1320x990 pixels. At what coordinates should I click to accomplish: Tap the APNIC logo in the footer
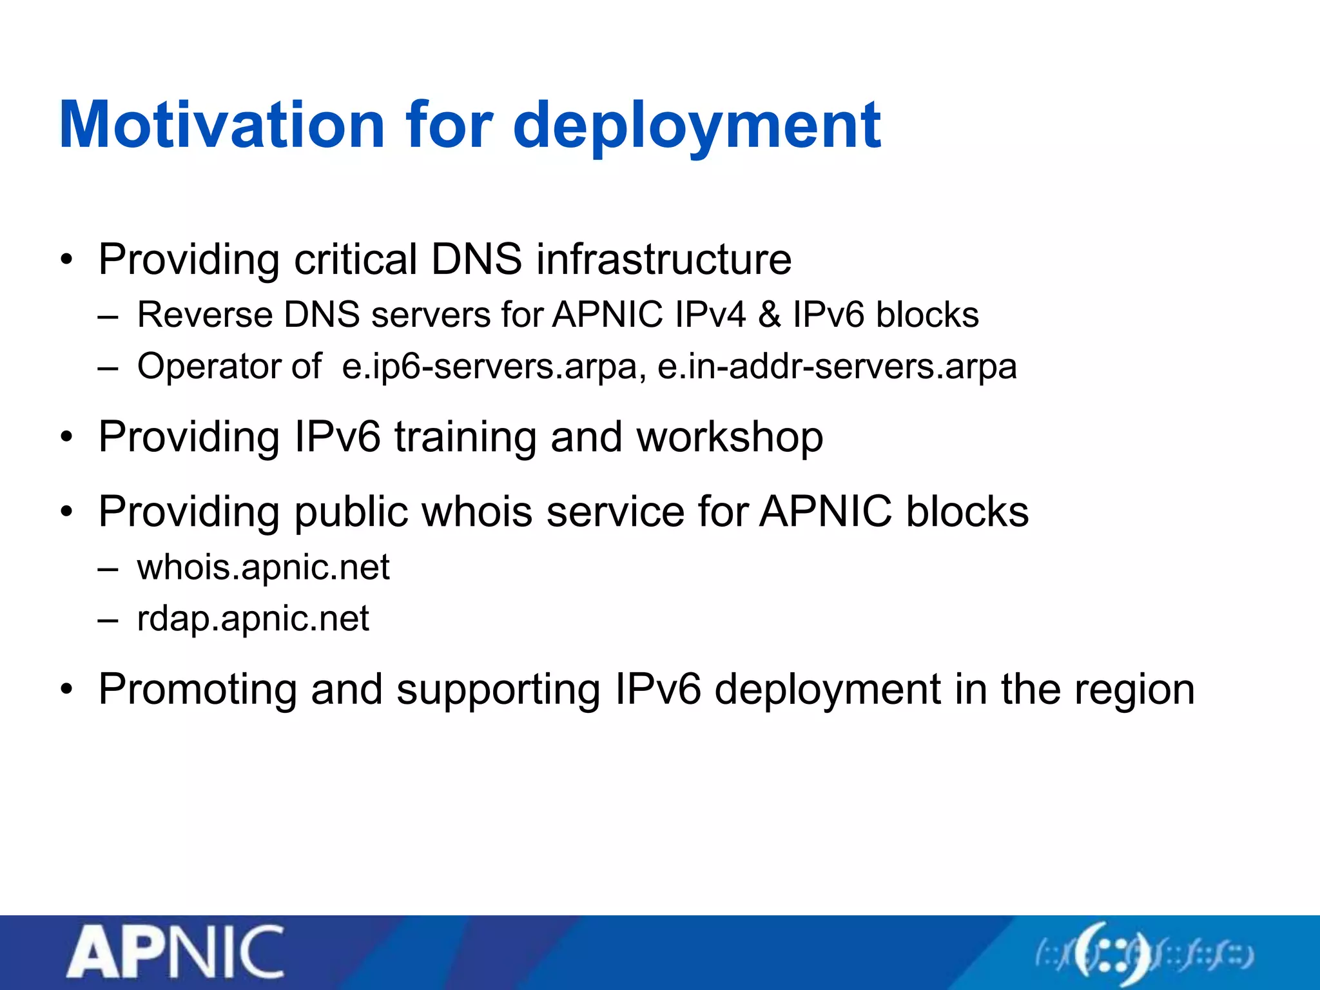[175, 952]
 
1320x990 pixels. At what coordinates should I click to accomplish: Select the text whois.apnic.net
[263, 567]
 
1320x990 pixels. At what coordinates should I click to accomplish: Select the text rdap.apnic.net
[253, 619]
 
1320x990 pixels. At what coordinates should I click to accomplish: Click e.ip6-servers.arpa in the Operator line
[494, 367]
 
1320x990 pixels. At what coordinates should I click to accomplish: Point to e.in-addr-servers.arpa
[837, 367]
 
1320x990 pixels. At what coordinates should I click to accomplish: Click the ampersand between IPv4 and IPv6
[769, 315]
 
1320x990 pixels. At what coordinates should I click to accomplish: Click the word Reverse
[205, 315]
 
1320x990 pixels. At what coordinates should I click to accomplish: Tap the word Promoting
[197, 690]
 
